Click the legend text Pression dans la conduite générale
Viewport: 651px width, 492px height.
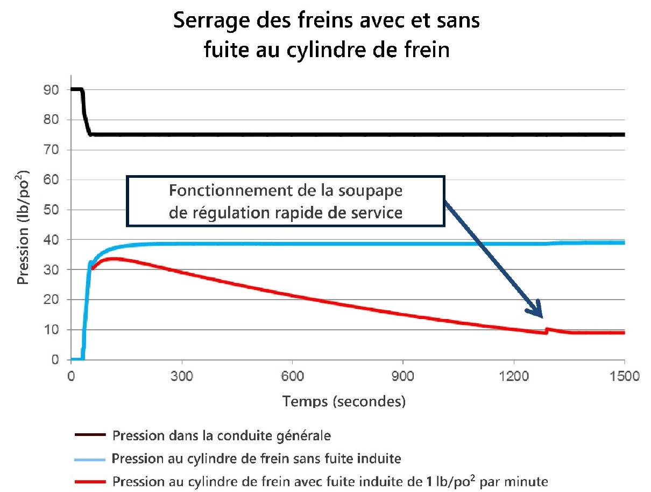[x=225, y=434]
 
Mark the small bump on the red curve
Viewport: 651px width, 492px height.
[x=548, y=329]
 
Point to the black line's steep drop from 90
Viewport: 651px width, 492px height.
[x=85, y=113]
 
